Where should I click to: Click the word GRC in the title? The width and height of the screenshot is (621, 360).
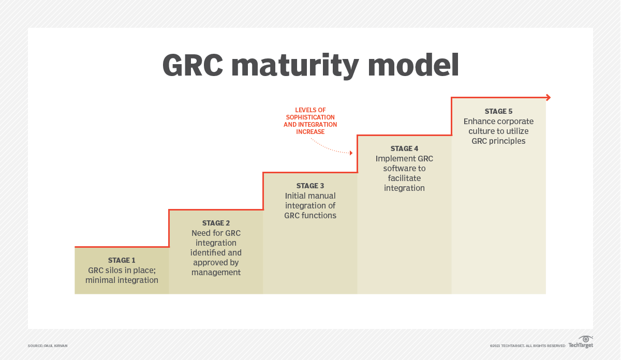tap(192, 66)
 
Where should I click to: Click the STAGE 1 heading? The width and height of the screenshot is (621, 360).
tap(122, 260)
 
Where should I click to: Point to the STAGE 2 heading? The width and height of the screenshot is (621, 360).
tap(216, 223)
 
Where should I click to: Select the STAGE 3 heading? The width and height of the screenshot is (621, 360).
tap(310, 186)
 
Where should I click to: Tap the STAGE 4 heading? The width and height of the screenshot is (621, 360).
tap(404, 148)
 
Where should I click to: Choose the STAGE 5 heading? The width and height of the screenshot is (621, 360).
tap(498, 111)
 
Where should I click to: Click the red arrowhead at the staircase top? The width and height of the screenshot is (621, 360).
tap(548, 97)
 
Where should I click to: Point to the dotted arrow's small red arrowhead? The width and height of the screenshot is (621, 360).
tap(351, 153)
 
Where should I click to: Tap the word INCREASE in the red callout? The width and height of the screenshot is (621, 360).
tap(310, 132)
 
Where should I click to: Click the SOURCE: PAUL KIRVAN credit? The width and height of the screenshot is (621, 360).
tap(48, 346)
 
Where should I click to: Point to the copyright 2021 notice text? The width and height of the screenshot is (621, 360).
tap(527, 346)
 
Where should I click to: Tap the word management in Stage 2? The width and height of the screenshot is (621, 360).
tap(216, 273)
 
